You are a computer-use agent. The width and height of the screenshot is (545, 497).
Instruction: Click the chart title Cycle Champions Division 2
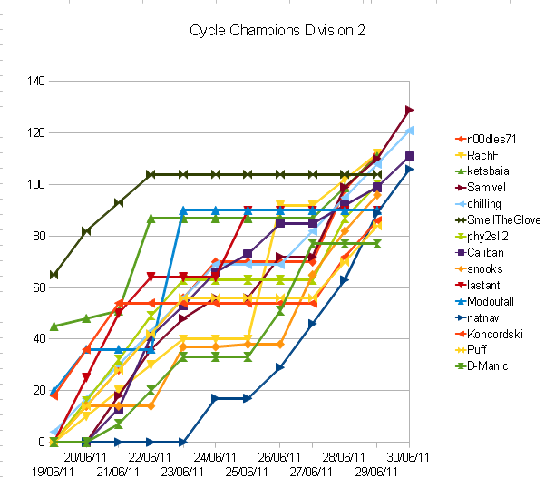click(x=277, y=30)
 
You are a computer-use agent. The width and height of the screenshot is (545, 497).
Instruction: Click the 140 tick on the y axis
click(x=35, y=82)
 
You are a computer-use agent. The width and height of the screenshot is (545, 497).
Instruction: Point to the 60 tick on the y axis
click(x=38, y=287)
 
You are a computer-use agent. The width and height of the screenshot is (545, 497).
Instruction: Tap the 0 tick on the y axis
click(x=42, y=442)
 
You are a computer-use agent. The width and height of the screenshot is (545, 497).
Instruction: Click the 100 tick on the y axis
click(x=35, y=184)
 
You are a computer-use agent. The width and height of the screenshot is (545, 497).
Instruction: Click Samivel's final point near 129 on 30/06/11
click(x=410, y=110)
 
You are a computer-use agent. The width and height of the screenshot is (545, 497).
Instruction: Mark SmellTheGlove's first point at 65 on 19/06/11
click(x=54, y=274)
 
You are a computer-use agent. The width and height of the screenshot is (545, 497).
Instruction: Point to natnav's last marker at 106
click(x=410, y=169)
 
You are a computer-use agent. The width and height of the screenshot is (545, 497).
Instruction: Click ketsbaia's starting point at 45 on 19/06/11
click(x=54, y=326)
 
